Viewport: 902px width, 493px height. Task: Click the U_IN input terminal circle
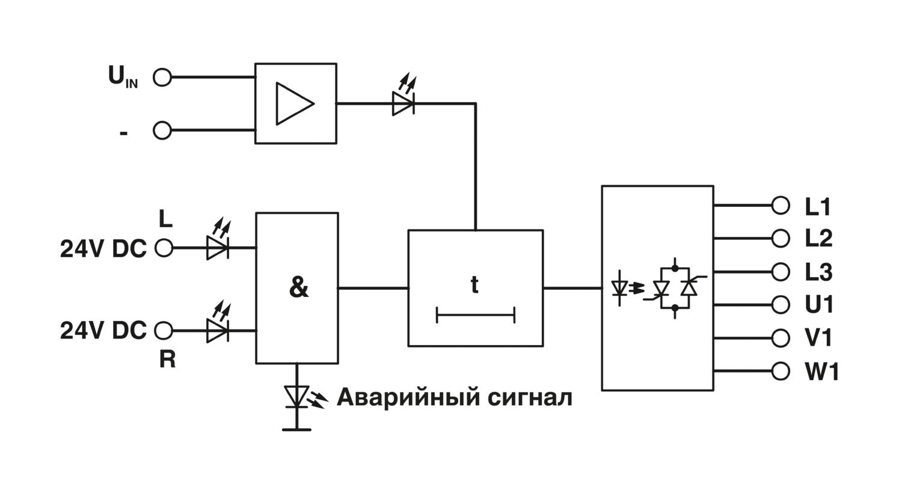pos(162,77)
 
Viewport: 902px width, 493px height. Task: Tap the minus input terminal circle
pos(162,130)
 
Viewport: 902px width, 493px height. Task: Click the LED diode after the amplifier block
pos(403,103)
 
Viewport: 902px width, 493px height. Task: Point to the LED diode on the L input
pos(216,247)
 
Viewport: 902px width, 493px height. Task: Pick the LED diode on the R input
pos(216,330)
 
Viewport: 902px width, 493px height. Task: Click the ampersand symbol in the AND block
pos(298,288)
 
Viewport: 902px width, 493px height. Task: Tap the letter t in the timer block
pos(474,284)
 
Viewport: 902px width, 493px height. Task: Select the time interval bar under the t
pos(475,314)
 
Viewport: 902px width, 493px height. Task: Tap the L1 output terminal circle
pos(780,206)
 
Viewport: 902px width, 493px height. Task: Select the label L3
pos(818,272)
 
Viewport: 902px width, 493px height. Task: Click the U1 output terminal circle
pos(780,305)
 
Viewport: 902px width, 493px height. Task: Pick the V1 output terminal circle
pos(780,338)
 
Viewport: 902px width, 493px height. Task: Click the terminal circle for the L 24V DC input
pos(164,248)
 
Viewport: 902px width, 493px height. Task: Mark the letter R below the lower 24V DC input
pos(167,360)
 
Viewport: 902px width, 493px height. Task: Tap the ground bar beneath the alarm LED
pos(296,429)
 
